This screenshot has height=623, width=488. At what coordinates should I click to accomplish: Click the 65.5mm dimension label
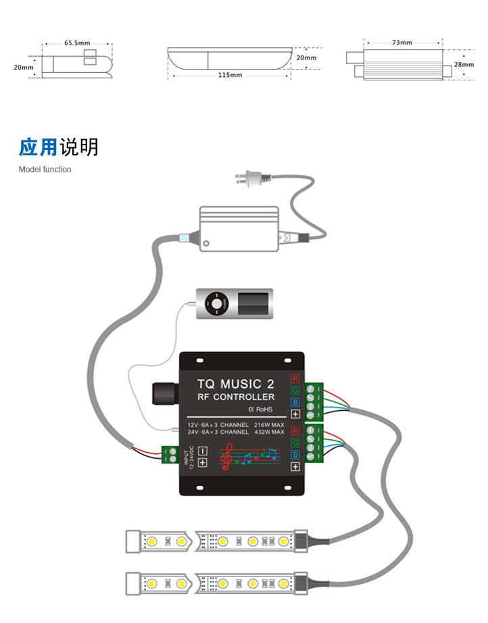[x=77, y=43]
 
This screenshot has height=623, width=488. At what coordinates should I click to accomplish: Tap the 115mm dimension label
[x=230, y=75]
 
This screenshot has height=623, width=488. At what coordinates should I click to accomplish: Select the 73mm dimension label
[x=401, y=43]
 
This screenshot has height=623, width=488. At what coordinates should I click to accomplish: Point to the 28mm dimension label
[x=464, y=65]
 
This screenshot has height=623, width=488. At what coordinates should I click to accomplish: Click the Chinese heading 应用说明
[x=59, y=147]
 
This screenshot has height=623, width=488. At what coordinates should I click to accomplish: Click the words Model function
[x=45, y=170]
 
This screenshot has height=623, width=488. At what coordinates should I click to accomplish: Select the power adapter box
[x=239, y=229]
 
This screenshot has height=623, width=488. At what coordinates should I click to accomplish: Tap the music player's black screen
[x=255, y=304]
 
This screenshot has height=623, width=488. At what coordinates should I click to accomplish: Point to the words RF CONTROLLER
[x=235, y=397]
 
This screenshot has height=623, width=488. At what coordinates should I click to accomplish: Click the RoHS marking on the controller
[x=260, y=409]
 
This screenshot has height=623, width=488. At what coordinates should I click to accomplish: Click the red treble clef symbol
[x=228, y=457]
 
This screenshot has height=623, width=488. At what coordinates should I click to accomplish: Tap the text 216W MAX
[x=269, y=425]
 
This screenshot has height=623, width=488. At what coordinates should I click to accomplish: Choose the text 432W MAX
[x=269, y=432]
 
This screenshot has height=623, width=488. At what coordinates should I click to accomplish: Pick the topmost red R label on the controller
[x=295, y=378]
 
